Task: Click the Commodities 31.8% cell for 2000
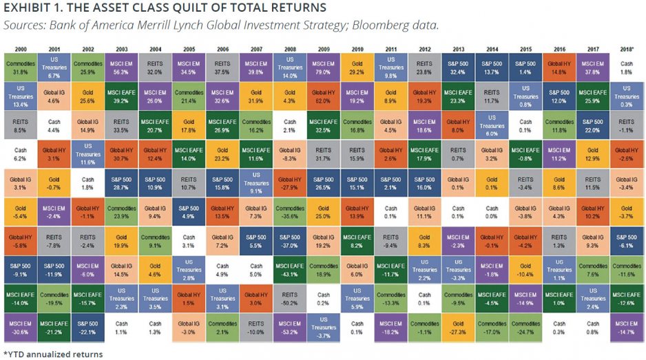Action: point(21,66)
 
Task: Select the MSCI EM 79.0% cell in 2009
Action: point(324,66)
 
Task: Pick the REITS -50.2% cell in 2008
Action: point(289,300)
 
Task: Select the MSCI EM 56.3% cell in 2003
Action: point(123,66)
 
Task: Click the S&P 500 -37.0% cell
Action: point(289,242)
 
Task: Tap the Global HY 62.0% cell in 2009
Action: point(324,95)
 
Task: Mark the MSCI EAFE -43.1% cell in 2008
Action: point(289,271)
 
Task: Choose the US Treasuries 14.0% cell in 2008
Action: point(289,66)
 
